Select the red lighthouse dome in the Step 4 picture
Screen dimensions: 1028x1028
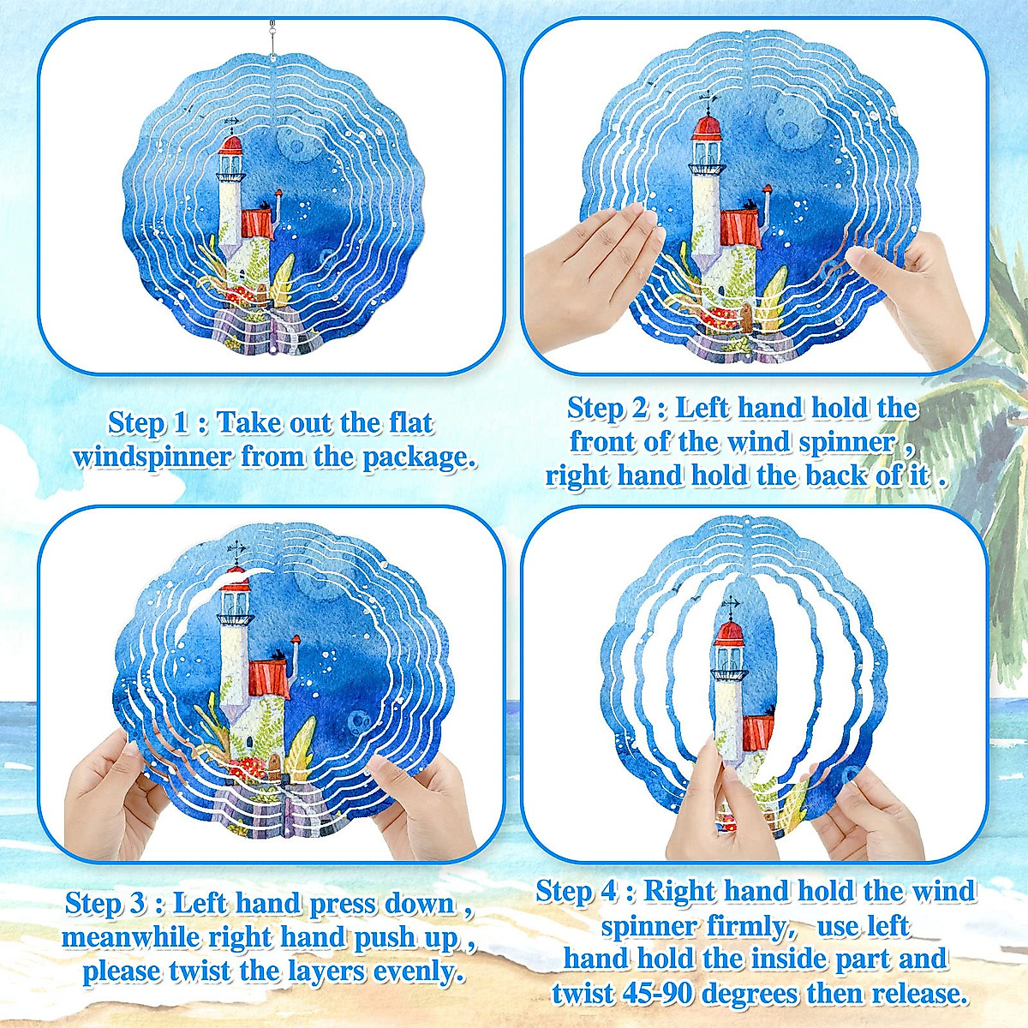pyautogui.click(x=729, y=633)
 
